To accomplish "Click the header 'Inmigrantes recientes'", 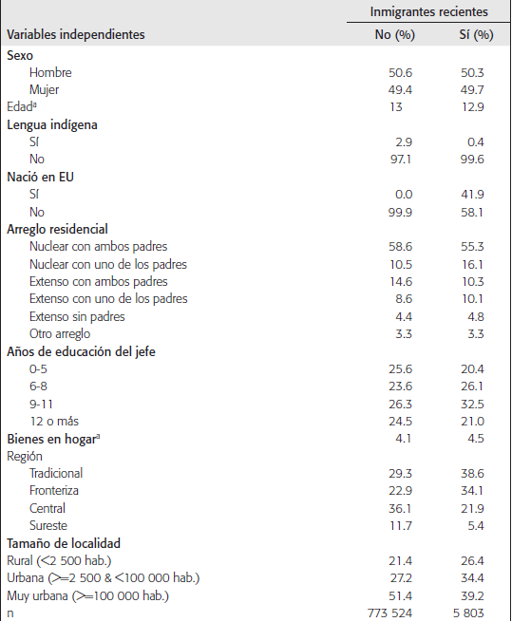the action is tap(429, 12).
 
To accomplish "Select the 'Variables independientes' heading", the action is tap(76, 35).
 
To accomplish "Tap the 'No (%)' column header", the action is tap(391, 35).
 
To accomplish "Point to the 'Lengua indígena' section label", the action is tap(52, 124).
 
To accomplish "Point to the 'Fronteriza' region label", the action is tap(54, 490).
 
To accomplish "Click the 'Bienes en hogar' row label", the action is tap(55, 438).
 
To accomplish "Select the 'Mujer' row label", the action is tap(45, 89).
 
